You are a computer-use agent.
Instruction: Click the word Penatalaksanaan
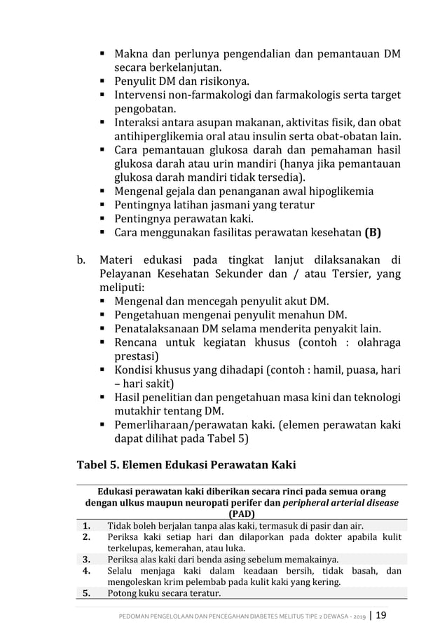(x=156, y=329)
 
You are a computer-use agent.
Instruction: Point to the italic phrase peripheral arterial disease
(x=340, y=503)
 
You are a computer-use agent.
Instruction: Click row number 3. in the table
(x=87, y=559)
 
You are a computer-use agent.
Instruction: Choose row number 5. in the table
(x=87, y=593)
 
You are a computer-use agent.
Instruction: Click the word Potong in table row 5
(x=120, y=593)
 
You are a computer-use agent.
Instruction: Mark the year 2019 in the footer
(x=356, y=616)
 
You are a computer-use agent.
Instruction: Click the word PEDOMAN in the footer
(x=137, y=616)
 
